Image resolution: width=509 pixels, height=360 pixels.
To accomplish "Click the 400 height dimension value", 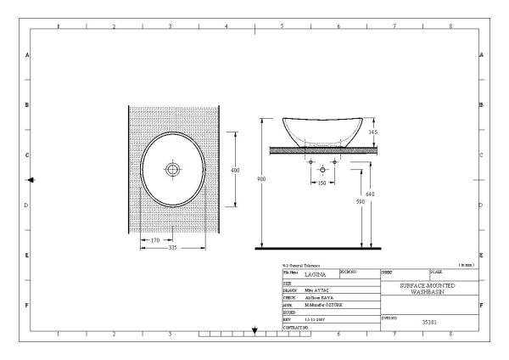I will pyautogui.click(x=235, y=171).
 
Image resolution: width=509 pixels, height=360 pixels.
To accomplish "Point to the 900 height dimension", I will pyautogui.click(x=262, y=179).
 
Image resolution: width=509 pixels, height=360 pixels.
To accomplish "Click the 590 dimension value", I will pyautogui.click(x=359, y=201).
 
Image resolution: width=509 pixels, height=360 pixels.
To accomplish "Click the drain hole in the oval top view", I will pyautogui.click(x=172, y=170).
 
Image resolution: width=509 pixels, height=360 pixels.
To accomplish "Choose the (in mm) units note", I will pyautogui.click(x=466, y=266).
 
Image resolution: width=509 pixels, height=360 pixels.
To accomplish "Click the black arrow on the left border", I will pyautogui.click(x=31, y=180).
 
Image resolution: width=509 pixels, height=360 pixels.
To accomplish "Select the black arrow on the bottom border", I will pyautogui.click(x=255, y=330).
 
